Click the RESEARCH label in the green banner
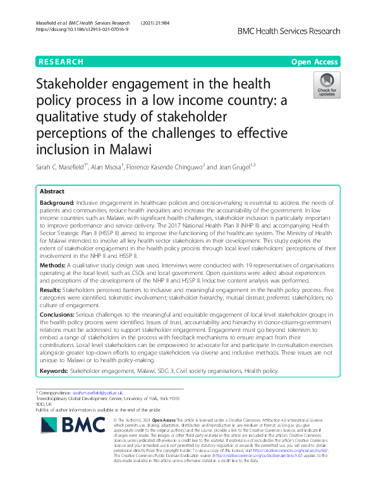(x=61, y=62)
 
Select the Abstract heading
(x=52, y=190)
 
